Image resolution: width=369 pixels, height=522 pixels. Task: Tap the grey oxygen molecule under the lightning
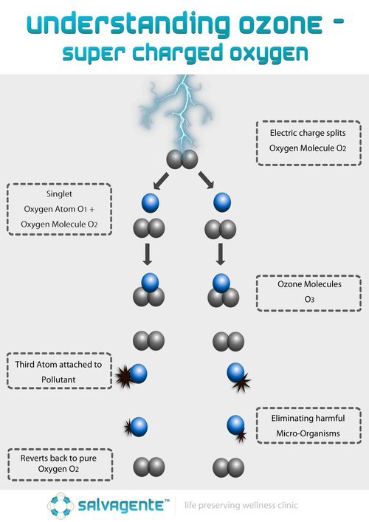(x=182, y=159)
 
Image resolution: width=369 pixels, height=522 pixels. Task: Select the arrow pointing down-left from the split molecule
(x=161, y=181)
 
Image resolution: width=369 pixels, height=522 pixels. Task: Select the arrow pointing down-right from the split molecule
(x=207, y=180)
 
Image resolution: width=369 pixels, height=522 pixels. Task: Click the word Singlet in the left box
(x=59, y=193)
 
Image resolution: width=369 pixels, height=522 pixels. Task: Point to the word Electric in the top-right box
(x=282, y=133)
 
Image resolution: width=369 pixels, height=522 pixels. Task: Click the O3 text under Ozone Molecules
(x=309, y=299)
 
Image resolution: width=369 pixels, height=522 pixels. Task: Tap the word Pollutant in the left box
(x=58, y=380)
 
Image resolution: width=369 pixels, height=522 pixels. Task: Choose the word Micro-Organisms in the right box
(x=308, y=433)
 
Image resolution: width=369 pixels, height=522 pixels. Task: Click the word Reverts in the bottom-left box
(x=33, y=458)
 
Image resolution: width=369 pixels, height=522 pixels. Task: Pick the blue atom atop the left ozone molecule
(x=150, y=282)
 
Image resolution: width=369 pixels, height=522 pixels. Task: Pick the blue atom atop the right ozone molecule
(x=221, y=283)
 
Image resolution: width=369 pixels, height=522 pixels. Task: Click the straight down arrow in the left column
(x=148, y=254)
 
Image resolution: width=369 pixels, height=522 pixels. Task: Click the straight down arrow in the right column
(x=220, y=254)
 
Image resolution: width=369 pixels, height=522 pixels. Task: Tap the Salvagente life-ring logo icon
(x=61, y=506)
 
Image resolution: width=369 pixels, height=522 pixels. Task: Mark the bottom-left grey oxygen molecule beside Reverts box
(x=149, y=467)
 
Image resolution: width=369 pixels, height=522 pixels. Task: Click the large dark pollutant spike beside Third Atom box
(x=124, y=377)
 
